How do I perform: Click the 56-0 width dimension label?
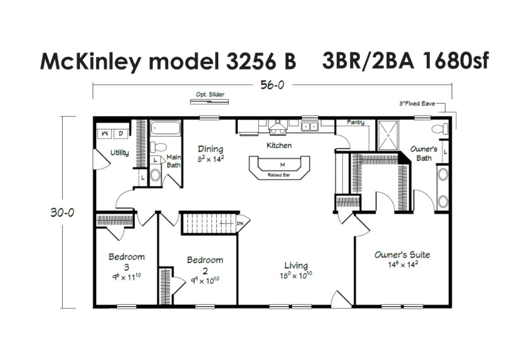tap(272, 85)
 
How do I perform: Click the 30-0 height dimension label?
tap(62, 213)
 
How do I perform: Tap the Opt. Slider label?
tap(210, 95)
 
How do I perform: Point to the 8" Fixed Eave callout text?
tap(417, 103)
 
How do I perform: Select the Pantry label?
tap(356, 122)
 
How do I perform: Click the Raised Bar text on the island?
tap(279, 175)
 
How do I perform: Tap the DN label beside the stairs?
tap(240, 223)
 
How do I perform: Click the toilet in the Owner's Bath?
tap(440, 129)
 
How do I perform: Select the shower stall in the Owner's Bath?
tap(388, 135)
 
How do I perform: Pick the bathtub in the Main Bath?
tap(165, 128)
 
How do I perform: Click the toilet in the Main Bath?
tap(158, 147)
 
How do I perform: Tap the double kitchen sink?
tap(310, 127)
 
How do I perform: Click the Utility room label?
tap(120, 153)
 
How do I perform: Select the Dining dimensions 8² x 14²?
tap(210, 159)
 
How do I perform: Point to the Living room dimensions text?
tap(296, 276)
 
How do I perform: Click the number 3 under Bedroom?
tap(127, 267)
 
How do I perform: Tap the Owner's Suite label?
tap(402, 255)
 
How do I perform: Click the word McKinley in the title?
tap(91, 62)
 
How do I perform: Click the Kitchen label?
tap(279, 146)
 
